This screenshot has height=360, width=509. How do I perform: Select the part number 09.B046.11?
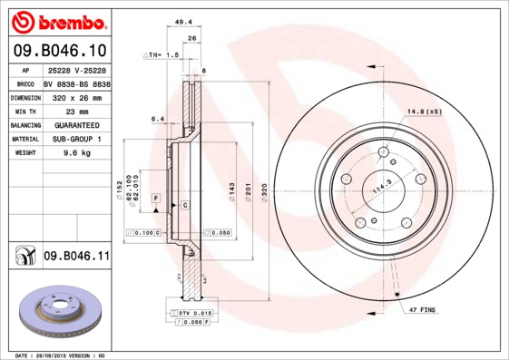pos(76,258)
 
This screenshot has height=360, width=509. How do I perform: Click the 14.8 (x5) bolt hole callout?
pos(424,112)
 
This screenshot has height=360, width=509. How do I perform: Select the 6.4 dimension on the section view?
pos(156,118)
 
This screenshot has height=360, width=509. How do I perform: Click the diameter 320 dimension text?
pos(264,191)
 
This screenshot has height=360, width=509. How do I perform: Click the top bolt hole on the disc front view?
pos(383,151)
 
